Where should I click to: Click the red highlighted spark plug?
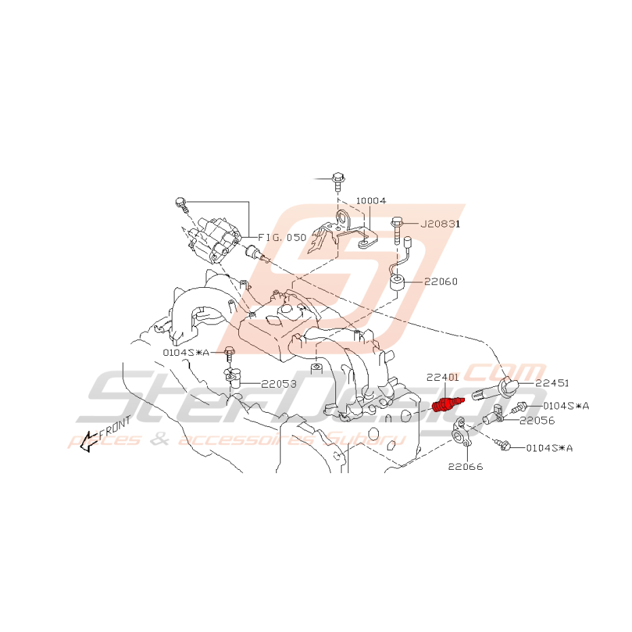coord(448,404)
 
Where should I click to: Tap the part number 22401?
coord(443,377)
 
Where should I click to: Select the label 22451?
coord(552,383)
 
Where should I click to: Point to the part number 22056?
coord(537,421)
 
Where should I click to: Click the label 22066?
coord(466,467)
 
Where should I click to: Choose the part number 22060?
coord(441,282)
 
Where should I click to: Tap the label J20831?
coord(440,224)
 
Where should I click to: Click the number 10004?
coord(371,201)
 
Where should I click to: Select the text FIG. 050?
coord(282,238)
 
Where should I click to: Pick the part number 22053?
coord(279,384)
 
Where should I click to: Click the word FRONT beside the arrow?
coord(115,427)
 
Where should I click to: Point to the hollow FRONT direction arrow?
coord(88,442)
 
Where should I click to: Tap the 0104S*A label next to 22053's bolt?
coord(186,353)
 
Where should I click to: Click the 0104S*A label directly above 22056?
coord(566,406)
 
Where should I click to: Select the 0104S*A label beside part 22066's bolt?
coord(549,448)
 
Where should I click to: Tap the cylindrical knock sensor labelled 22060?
coord(398,282)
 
